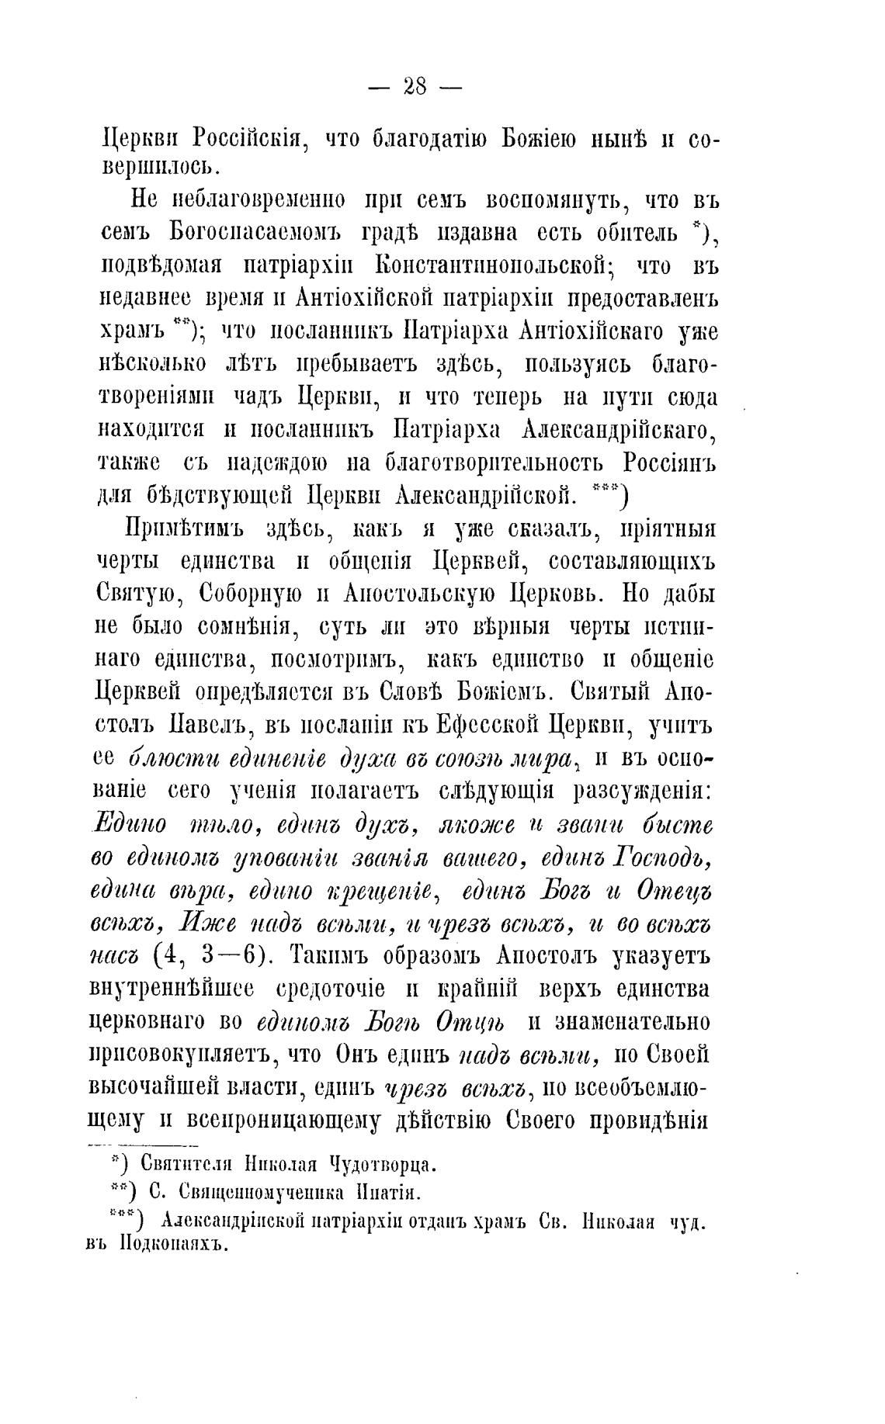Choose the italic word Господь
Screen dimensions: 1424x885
(x=661, y=858)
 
